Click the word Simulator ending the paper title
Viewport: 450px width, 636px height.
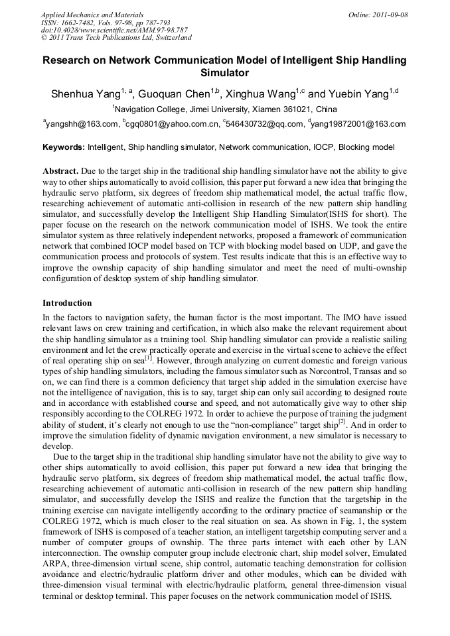224,73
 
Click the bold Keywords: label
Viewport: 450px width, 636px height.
64,147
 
